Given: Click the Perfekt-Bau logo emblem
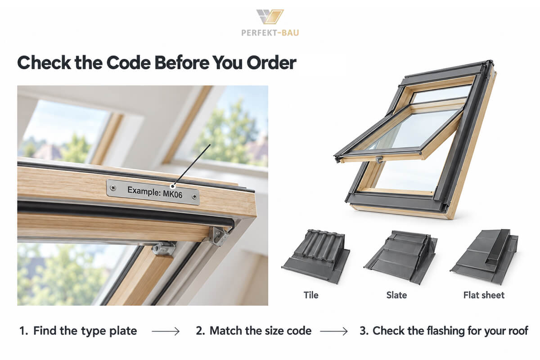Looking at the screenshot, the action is click(x=270, y=17).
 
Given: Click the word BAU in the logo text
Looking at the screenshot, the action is click(x=290, y=33).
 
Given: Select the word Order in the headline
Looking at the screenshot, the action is click(x=271, y=63).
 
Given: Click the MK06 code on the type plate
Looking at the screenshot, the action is click(x=173, y=194).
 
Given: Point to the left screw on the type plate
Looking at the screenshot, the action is click(x=113, y=188).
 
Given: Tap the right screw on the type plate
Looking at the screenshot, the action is click(x=194, y=197).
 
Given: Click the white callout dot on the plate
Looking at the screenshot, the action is click(x=172, y=186).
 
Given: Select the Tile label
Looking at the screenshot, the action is click(x=311, y=295).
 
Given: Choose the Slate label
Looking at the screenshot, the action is click(x=396, y=295).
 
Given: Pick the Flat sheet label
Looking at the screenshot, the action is click(x=484, y=295).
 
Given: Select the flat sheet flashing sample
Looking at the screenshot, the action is click(x=484, y=256).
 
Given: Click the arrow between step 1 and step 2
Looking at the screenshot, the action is click(x=166, y=331).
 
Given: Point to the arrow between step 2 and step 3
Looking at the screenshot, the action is click(x=334, y=331).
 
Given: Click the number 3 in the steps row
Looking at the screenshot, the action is click(x=363, y=331).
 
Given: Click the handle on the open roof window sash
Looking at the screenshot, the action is click(x=379, y=160).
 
